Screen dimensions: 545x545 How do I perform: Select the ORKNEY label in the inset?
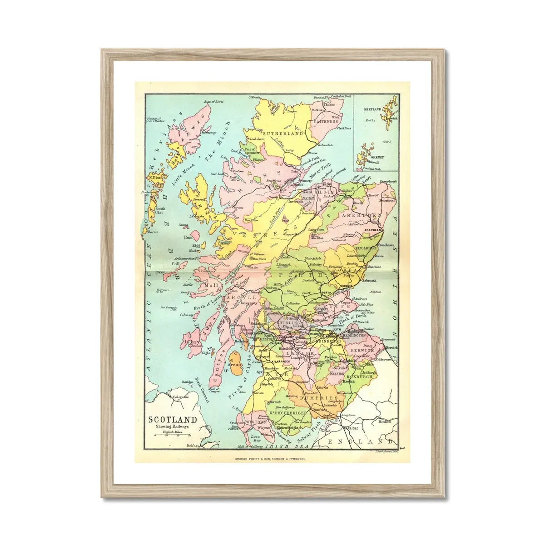(377, 157)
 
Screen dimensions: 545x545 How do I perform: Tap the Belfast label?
(193, 446)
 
